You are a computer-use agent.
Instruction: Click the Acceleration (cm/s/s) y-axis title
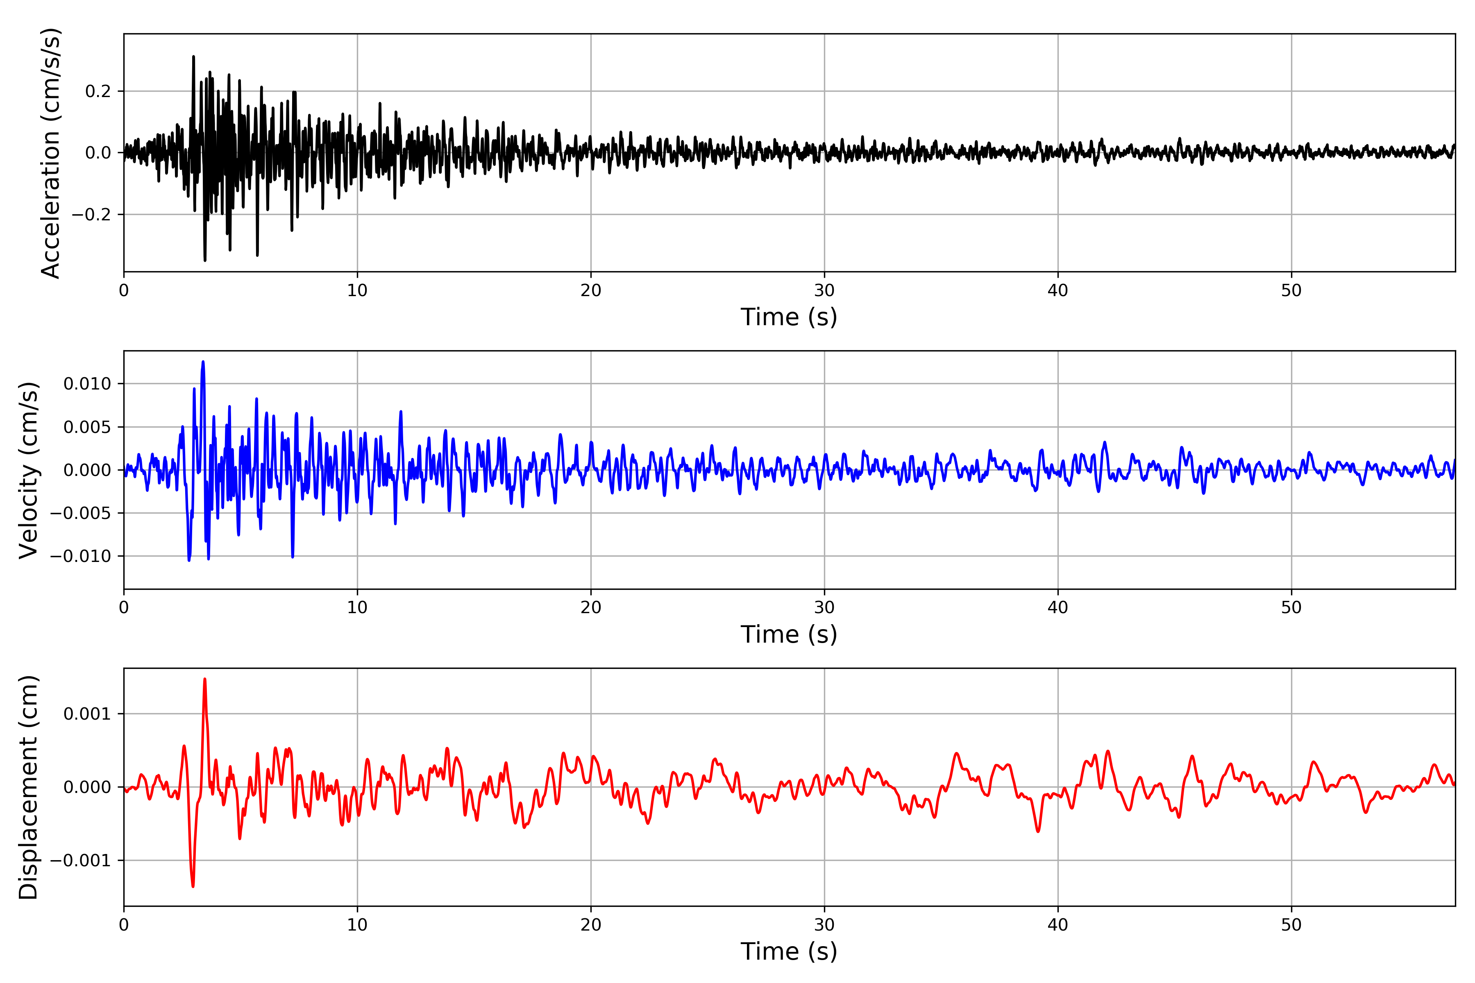(50, 153)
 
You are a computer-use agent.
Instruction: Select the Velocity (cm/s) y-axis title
(29, 470)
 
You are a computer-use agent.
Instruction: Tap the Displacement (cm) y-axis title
(29, 787)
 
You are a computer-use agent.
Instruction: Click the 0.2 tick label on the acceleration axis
(98, 91)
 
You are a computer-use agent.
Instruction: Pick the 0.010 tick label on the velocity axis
(87, 384)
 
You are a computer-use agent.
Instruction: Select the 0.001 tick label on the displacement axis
(87, 714)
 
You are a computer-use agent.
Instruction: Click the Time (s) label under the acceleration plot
(789, 317)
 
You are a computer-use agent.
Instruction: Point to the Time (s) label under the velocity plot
(789, 634)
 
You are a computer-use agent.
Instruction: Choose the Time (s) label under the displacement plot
(789, 951)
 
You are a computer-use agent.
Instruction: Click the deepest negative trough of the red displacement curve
(193, 886)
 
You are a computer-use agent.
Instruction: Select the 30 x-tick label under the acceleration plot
(824, 290)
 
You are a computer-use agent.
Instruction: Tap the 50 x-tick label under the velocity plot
(1291, 607)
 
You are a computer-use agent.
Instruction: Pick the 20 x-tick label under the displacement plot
(591, 925)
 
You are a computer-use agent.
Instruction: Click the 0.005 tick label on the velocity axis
(87, 427)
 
